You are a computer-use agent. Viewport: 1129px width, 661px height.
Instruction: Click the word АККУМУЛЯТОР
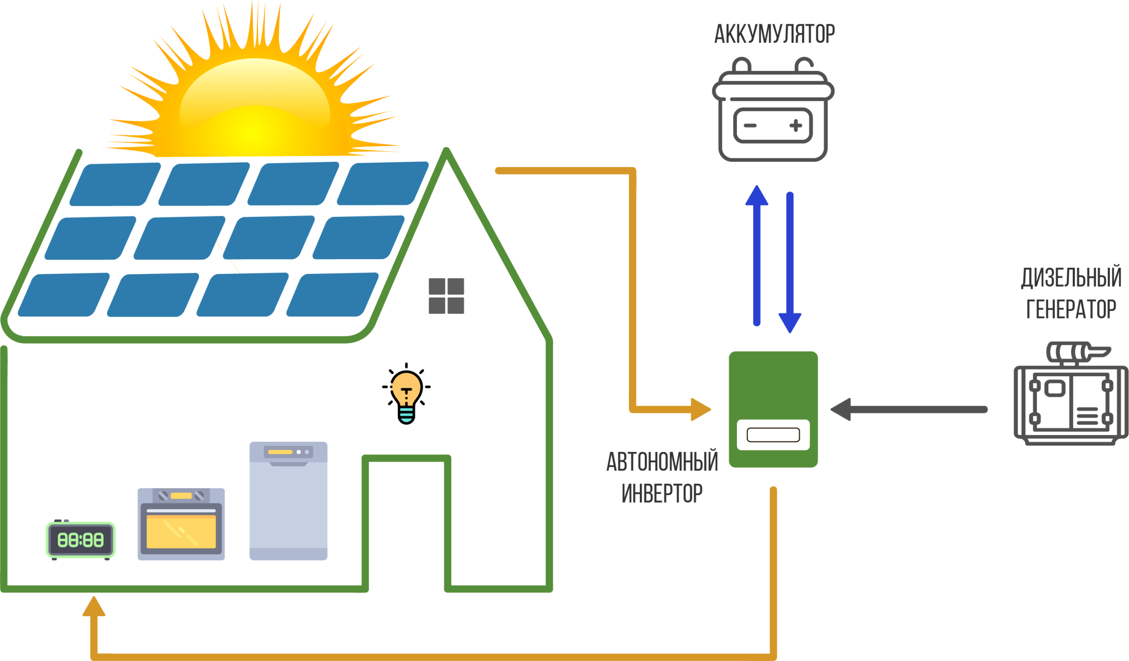point(774,34)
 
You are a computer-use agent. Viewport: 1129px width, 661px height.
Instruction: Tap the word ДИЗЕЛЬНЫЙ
point(1071,278)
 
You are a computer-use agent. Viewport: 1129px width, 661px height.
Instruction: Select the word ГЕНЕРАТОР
point(1071,310)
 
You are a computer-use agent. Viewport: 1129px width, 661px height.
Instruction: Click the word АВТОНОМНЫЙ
point(662,462)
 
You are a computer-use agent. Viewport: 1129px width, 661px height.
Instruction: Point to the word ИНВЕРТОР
point(662,493)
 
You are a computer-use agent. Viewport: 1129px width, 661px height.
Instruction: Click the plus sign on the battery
point(796,125)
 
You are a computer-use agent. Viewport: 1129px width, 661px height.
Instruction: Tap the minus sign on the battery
point(751,125)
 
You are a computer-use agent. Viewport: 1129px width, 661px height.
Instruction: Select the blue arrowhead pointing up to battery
point(757,196)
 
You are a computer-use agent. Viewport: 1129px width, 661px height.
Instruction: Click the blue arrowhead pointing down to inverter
point(790,322)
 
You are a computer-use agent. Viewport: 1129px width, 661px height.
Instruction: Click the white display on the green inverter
point(773,434)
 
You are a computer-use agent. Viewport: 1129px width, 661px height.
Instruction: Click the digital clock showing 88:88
point(81,540)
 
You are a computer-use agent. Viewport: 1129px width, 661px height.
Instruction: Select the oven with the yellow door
point(181,524)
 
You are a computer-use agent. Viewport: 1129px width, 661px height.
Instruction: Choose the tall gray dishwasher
point(288,500)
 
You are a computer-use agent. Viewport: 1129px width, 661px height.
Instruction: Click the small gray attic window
point(446,295)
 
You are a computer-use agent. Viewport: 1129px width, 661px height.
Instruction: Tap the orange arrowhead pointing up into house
point(93,607)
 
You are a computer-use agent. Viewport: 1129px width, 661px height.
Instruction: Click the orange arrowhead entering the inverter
point(700,409)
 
